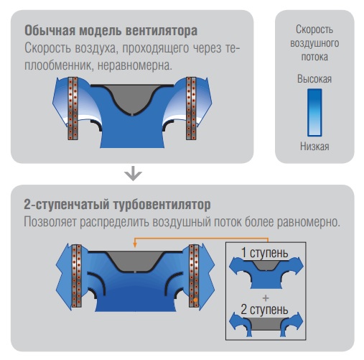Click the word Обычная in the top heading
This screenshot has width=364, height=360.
[50, 30]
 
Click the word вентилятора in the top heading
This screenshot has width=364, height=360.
[162, 31]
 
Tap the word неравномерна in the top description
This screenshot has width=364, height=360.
[134, 65]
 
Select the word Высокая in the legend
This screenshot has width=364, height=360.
[314, 79]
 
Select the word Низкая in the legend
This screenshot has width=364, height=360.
[314, 146]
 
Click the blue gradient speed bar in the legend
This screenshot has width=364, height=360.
[314, 113]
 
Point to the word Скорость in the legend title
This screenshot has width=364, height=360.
[314, 29]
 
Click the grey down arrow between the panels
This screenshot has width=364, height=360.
[134, 173]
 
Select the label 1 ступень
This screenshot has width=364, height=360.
[264, 253]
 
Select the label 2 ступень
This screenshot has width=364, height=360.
[264, 310]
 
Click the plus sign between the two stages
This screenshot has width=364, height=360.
[266, 298]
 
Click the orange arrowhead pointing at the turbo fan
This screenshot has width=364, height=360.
[135, 244]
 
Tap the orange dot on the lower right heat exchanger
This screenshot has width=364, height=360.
[195, 300]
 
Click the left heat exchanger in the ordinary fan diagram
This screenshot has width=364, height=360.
[73, 109]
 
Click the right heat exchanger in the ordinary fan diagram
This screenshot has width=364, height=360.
[191, 109]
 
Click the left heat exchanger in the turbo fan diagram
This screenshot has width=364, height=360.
[77, 276]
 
